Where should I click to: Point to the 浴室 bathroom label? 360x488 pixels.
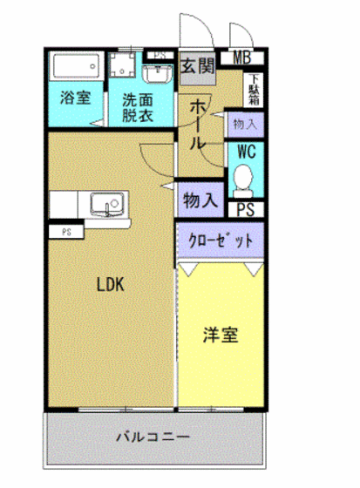click(x=75, y=98)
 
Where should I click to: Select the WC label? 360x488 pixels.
click(x=245, y=150)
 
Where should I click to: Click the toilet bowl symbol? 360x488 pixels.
click(x=244, y=180)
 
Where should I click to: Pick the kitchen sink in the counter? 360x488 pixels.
click(x=107, y=206)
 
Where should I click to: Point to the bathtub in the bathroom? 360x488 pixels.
click(x=75, y=67)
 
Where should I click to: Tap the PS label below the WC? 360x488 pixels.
click(x=245, y=209)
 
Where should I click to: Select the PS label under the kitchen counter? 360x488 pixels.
click(x=66, y=232)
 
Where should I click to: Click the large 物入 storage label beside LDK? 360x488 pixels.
click(x=200, y=200)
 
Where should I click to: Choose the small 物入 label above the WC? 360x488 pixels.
click(x=245, y=125)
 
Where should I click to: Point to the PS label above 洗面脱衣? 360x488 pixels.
click(x=158, y=54)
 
